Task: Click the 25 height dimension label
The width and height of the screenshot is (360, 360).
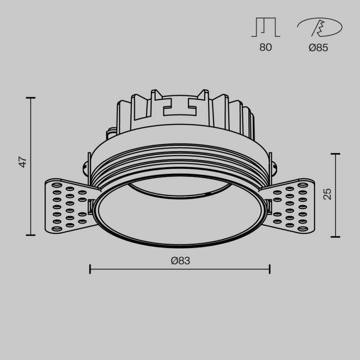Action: (328, 193)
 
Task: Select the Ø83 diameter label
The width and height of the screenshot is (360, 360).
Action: (180, 260)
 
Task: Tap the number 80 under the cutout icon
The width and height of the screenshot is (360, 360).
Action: (265, 47)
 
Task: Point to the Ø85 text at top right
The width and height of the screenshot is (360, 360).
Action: (318, 47)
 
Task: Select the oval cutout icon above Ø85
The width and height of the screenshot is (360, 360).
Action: (319, 28)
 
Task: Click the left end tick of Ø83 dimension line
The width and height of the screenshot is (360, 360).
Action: (90, 269)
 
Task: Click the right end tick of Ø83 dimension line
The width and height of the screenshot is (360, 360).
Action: (270, 269)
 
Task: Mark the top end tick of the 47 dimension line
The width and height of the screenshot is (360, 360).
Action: (31, 98)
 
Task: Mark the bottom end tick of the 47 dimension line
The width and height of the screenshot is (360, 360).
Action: (31, 235)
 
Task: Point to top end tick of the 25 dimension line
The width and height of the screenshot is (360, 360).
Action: (335, 154)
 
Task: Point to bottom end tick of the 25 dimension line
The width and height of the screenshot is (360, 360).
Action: (335, 237)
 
